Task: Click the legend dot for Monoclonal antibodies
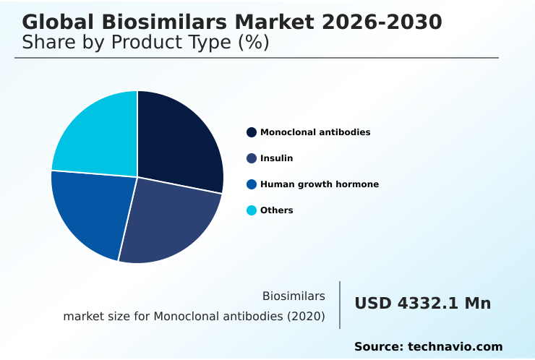point(252,132)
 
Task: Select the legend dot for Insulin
point(252,158)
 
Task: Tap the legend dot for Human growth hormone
point(252,184)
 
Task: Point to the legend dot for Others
point(252,210)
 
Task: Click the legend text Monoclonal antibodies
point(315,132)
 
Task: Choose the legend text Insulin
point(276,158)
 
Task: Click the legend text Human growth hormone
point(320,184)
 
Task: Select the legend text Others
point(276,210)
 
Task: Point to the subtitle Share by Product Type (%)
point(145,43)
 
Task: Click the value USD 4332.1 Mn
point(422,304)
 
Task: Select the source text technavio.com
point(455,347)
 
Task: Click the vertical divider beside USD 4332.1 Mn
point(340,305)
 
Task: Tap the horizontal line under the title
point(257,58)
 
